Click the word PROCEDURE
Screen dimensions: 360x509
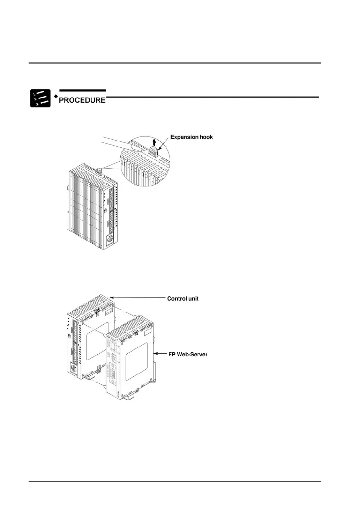point(82,100)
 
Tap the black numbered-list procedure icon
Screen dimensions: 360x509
point(40,98)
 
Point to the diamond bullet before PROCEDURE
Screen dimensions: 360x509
point(55,96)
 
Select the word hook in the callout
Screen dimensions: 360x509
point(206,137)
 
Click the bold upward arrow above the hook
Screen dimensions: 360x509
point(155,142)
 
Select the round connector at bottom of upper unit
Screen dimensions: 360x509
point(110,241)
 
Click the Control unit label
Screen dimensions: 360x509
point(183,299)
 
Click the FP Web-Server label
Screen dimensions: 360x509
point(188,354)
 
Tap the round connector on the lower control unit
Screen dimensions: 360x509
point(74,370)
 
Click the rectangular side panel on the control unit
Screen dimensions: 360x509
point(97,341)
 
